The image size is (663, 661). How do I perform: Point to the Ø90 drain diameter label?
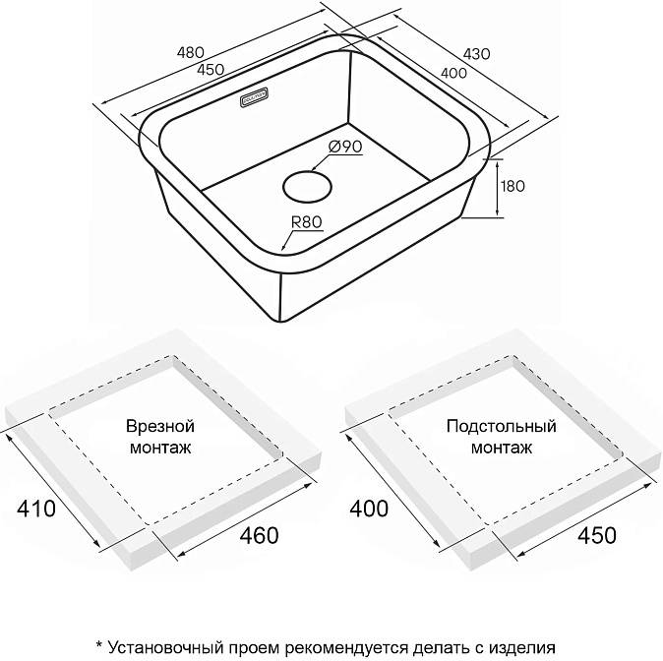pyautogui.click(x=345, y=146)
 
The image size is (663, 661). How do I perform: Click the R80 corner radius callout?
pyautogui.click(x=308, y=222)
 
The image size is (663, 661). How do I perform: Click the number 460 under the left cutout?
pyautogui.click(x=256, y=536)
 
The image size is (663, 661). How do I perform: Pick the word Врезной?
pyautogui.click(x=160, y=427)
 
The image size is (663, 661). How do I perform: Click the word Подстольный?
pyautogui.click(x=501, y=427)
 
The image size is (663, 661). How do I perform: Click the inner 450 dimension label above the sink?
pyautogui.click(x=210, y=69)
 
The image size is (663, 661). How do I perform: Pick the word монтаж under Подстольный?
pyautogui.click(x=501, y=448)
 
